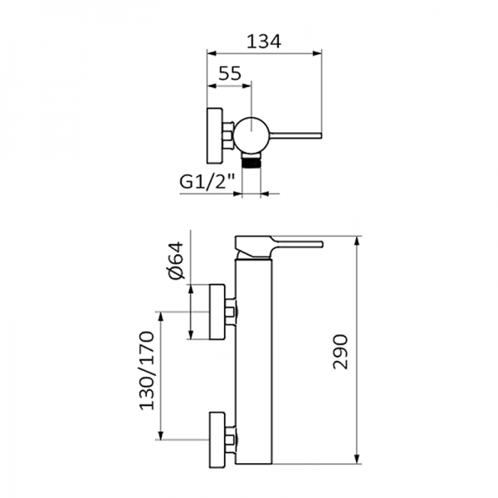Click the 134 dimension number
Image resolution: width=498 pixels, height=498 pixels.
pyautogui.click(x=264, y=41)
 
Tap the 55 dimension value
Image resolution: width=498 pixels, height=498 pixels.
pyautogui.click(x=230, y=73)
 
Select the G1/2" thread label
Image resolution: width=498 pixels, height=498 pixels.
pyautogui.click(x=207, y=183)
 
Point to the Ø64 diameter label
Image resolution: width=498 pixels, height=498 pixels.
pyautogui.click(x=176, y=261)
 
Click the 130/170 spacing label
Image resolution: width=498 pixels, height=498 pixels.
pyautogui.click(x=146, y=371)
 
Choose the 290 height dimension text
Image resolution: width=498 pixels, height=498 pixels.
pyautogui.click(x=340, y=352)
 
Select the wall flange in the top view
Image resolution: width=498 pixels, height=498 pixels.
pyautogui.click(x=215, y=136)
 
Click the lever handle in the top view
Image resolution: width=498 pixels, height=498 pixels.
pyautogui.click(x=295, y=136)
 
